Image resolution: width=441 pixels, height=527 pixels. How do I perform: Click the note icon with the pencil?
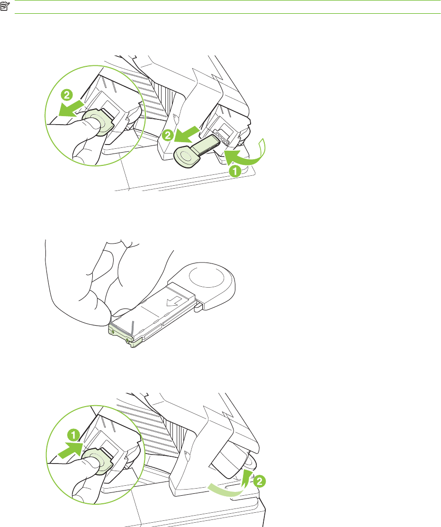[5, 6]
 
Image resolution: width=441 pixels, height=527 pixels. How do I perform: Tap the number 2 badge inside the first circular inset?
[67, 95]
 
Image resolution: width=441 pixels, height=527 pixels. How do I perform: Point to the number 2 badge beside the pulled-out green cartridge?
[168, 136]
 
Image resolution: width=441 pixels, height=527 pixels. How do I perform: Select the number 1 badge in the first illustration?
[235, 171]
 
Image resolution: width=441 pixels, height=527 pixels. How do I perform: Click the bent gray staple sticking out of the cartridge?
[133, 327]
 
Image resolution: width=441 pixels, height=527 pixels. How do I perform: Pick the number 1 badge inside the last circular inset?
[73, 435]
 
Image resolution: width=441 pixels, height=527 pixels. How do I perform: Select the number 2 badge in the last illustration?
[259, 482]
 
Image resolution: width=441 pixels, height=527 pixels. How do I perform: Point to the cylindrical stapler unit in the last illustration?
[232, 461]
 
